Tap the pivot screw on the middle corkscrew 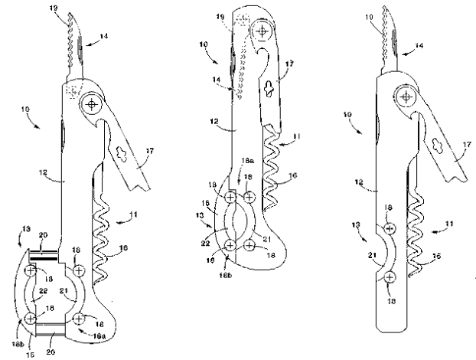pyautogui.click(x=262, y=31)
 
